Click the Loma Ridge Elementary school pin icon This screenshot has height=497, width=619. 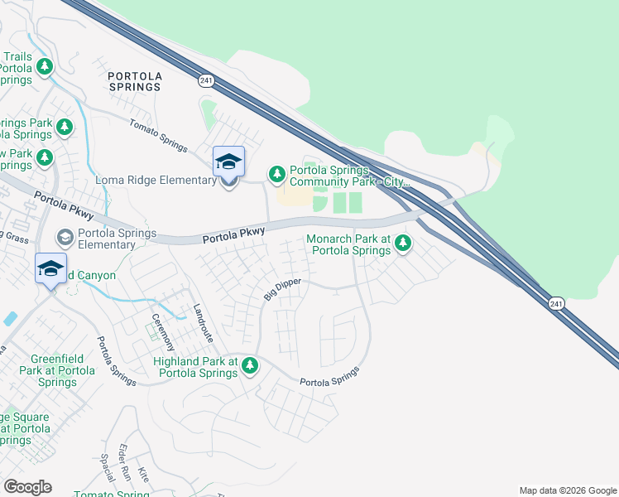click(228, 162)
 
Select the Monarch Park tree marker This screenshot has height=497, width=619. click(403, 244)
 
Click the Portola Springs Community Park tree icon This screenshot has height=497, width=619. click(277, 174)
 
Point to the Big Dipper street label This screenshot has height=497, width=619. click(282, 289)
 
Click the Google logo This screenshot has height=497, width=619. click(27, 487)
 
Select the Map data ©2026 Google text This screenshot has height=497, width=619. click(567, 490)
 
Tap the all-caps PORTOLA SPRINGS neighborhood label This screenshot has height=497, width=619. click(135, 81)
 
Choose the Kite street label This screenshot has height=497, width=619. click(144, 475)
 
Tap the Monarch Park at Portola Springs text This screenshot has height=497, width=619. click(348, 244)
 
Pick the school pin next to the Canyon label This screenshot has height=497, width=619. click(50, 269)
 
